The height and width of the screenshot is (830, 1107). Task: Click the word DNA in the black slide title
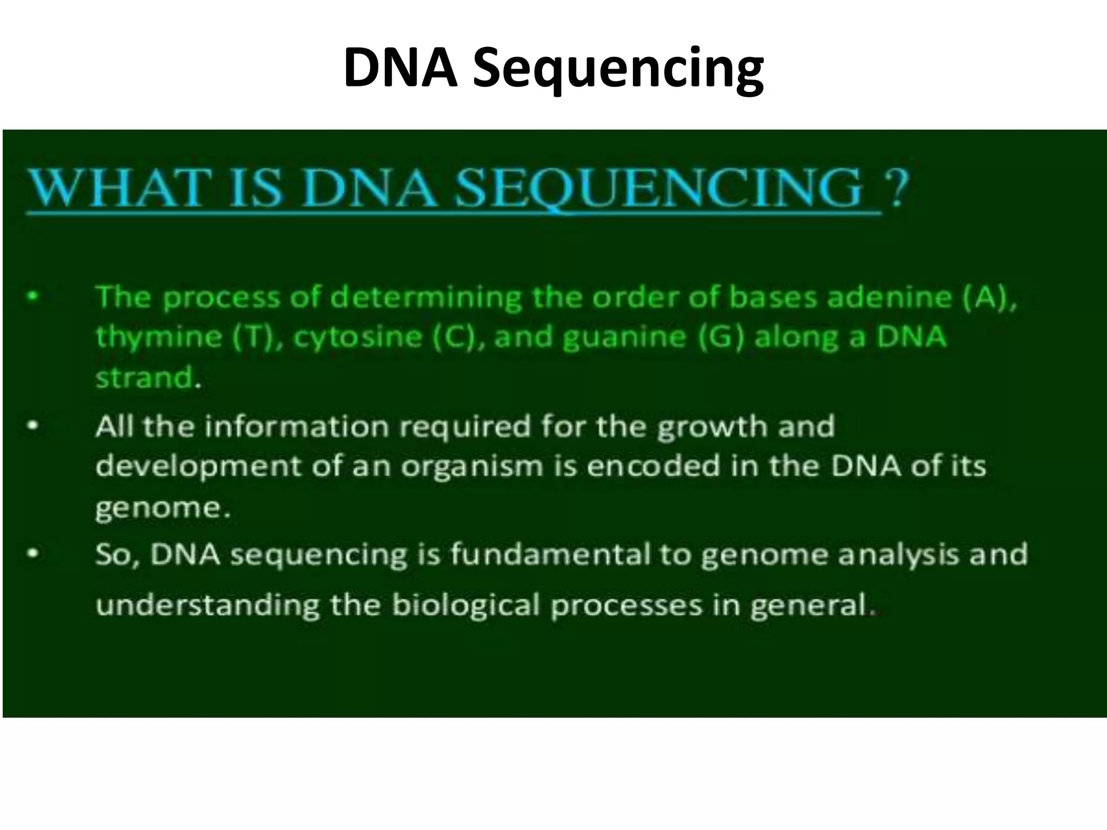(401, 68)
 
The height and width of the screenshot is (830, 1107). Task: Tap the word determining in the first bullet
(426, 298)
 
